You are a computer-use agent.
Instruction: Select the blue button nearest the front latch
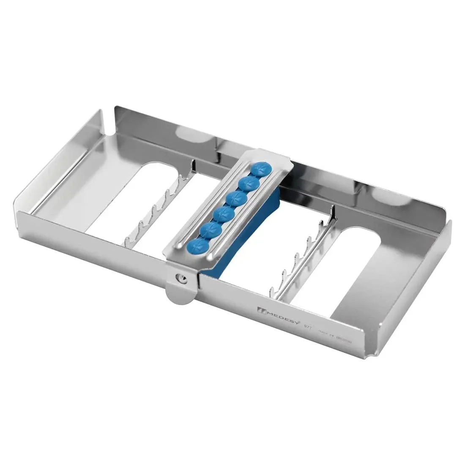[197, 245]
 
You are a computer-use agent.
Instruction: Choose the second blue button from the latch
[208, 230]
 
